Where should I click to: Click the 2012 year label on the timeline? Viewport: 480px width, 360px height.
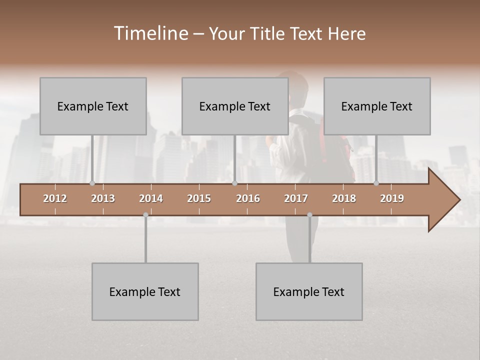click(55, 198)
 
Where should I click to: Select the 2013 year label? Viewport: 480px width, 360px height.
click(103, 198)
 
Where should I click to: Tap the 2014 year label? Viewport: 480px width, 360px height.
click(151, 198)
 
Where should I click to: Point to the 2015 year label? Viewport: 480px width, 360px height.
click(199, 198)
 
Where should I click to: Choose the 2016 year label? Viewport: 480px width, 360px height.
click(248, 198)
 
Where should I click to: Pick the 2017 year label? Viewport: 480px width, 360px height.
click(296, 198)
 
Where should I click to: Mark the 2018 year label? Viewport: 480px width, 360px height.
click(344, 198)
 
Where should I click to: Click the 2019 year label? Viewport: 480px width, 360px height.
click(392, 198)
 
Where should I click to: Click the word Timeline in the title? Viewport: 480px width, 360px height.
click(150, 33)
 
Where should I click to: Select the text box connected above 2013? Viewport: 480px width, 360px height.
click(93, 106)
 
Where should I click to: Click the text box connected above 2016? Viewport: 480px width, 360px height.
click(235, 106)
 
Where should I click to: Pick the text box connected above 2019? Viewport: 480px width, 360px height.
click(377, 106)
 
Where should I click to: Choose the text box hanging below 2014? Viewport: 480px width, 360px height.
click(145, 291)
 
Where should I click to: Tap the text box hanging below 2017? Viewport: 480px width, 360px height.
click(309, 291)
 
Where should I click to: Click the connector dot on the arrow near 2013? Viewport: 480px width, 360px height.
click(92, 183)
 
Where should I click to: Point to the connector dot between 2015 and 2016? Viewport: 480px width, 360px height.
click(234, 183)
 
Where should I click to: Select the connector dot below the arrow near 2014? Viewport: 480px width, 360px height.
click(145, 215)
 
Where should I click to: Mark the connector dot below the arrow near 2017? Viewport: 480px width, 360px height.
click(309, 215)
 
